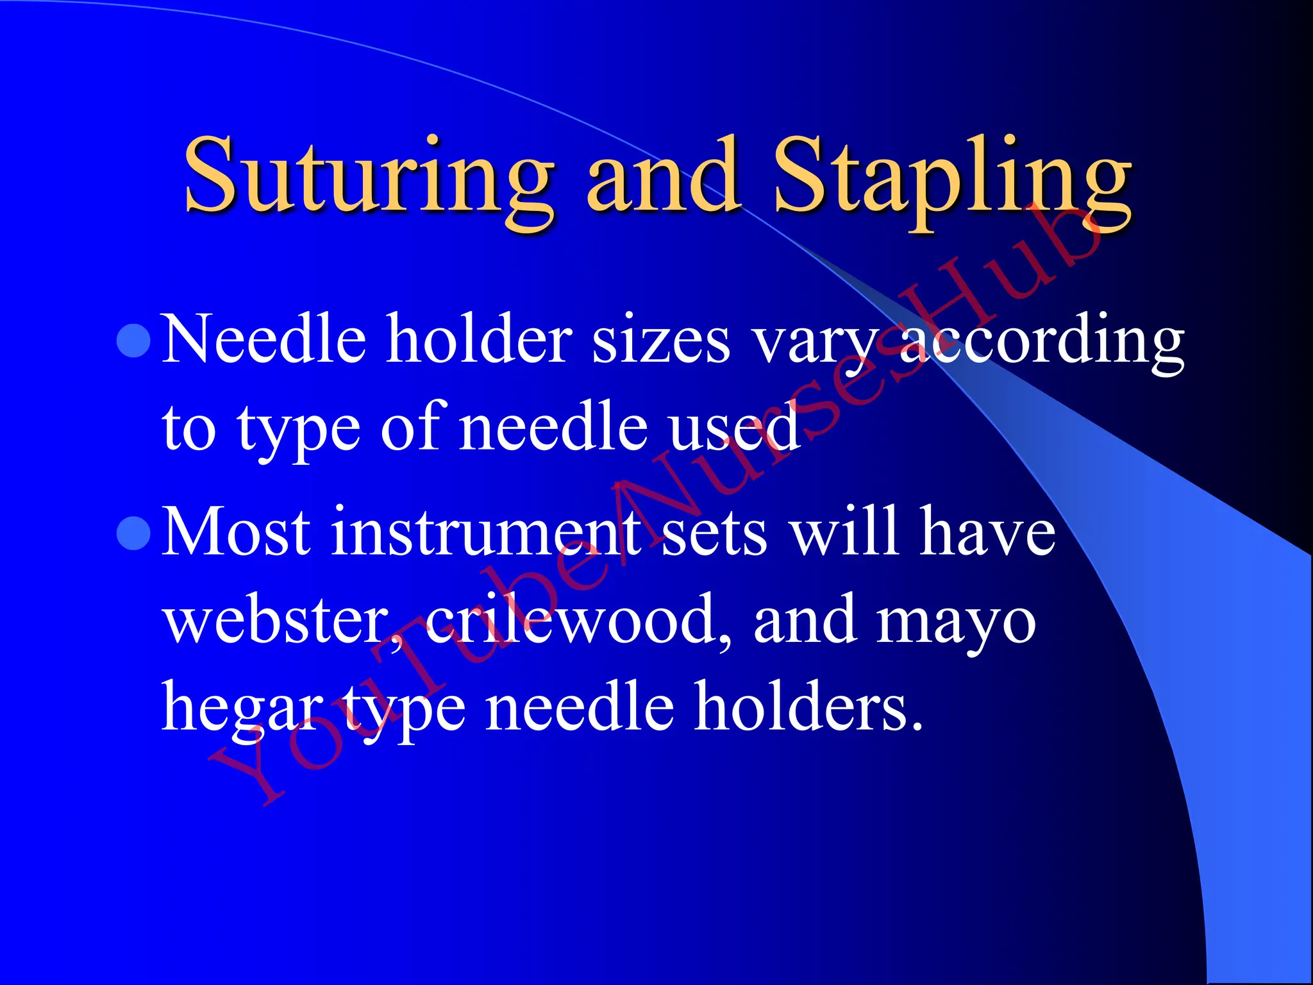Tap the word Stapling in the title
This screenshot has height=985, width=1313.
tap(953, 176)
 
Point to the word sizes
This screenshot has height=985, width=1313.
tap(660, 341)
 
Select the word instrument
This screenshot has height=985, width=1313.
tap(485, 532)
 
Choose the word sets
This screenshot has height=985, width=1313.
tap(714, 533)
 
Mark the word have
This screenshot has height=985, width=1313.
tap(987, 532)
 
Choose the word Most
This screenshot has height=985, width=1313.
tap(237, 532)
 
